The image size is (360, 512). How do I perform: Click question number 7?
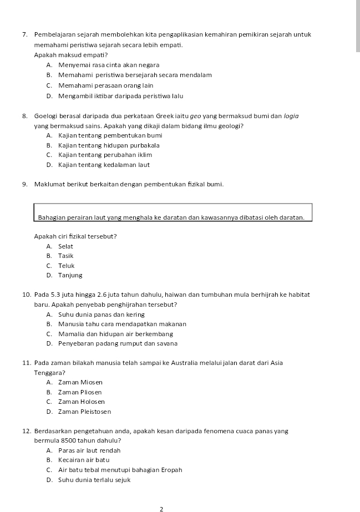pyautogui.click(x=26, y=35)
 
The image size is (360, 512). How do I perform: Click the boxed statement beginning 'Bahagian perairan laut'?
pyautogui.click(x=173, y=217)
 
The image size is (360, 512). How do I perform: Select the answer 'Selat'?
pyautogui.click(x=65, y=246)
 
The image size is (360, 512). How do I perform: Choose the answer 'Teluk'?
pyautogui.click(x=66, y=266)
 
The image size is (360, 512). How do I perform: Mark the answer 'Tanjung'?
pyautogui.click(x=70, y=275)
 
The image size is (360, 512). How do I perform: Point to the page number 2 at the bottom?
pyautogui.click(x=161, y=508)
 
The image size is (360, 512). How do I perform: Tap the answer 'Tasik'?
pyautogui.click(x=65, y=256)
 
